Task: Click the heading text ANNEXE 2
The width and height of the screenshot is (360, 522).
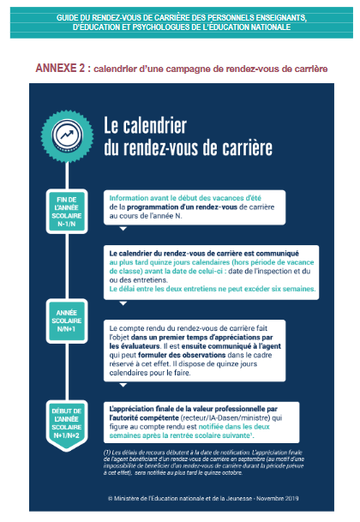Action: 61,67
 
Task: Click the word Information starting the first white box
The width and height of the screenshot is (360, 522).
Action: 131,197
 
